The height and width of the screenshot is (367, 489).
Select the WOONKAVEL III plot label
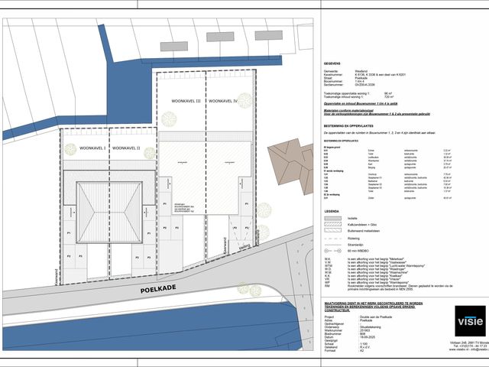pyautogui.click(x=184, y=100)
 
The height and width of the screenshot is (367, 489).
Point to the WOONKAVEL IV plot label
pyautogui.click(x=224, y=100)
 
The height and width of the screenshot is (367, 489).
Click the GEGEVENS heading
pyautogui.click(x=332, y=64)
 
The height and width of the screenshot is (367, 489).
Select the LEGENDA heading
pyautogui.click(x=332, y=211)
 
